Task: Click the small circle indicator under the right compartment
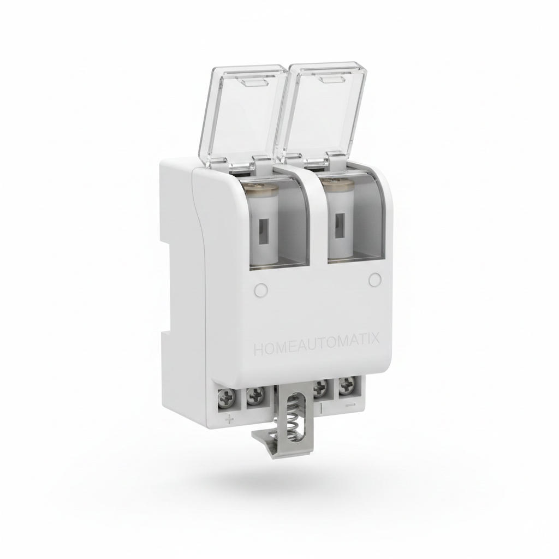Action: (x=374, y=280)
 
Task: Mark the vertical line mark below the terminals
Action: (x=321, y=408)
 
